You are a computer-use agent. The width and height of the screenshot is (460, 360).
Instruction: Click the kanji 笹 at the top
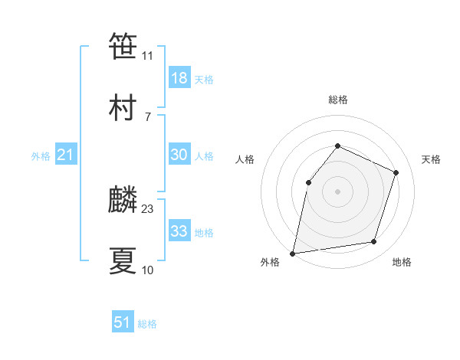(123, 46)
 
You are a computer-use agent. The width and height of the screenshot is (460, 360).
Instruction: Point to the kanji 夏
(123, 260)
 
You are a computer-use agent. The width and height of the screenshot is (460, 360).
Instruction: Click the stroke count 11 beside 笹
(148, 55)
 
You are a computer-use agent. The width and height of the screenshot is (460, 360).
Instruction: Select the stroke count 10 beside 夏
(148, 270)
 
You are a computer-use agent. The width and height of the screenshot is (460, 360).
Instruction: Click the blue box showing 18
(179, 78)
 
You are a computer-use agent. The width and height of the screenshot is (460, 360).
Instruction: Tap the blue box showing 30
(179, 155)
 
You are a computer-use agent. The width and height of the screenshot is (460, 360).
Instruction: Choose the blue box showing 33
(179, 231)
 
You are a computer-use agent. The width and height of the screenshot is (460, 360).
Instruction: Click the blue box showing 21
(65, 155)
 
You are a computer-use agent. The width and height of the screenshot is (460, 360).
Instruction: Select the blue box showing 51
(122, 322)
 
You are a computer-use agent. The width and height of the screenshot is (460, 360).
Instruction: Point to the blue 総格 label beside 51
(147, 324)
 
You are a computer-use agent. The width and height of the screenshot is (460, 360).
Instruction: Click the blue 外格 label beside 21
(41, 156)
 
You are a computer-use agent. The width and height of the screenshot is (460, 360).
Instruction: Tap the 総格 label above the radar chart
(337, 100)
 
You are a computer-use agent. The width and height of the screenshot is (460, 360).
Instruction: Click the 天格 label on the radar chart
(431, 159)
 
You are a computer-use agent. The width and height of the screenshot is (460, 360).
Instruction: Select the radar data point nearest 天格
(396, 172)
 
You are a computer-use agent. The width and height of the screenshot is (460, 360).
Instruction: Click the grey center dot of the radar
(337, 191)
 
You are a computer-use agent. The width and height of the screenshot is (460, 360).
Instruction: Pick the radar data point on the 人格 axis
(308, 182)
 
